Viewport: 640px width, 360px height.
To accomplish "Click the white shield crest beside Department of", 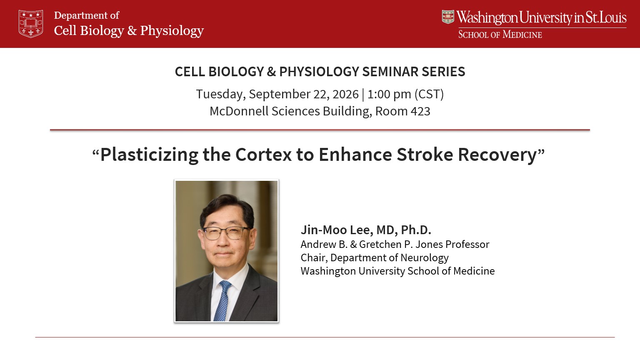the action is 31,24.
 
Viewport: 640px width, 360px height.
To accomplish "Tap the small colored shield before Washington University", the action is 448,17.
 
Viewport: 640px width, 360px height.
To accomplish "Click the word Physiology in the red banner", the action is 172,31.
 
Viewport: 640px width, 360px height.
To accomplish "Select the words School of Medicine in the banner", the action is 500,35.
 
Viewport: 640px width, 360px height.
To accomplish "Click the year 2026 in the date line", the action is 345,94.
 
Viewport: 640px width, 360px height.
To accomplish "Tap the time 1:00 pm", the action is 389,94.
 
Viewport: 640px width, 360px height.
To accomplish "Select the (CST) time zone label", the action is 429,94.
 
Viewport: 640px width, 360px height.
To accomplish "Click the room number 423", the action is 420,111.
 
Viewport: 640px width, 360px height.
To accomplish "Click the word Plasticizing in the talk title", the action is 149,155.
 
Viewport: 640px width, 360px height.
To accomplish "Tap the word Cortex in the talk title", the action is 263,155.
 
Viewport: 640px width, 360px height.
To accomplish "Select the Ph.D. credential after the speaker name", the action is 416,230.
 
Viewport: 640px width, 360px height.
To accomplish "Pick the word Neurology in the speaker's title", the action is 424,258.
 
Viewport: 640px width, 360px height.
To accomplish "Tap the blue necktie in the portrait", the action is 222,300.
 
